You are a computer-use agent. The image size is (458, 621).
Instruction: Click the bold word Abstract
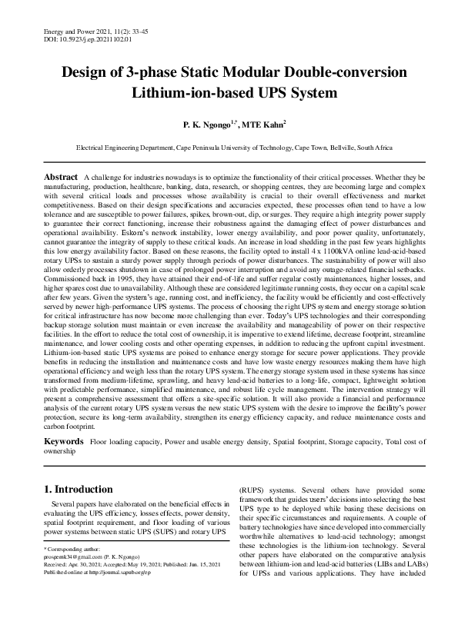(x=61, y=177)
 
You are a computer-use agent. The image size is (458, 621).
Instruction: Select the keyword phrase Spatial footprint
(x=273, y=443)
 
